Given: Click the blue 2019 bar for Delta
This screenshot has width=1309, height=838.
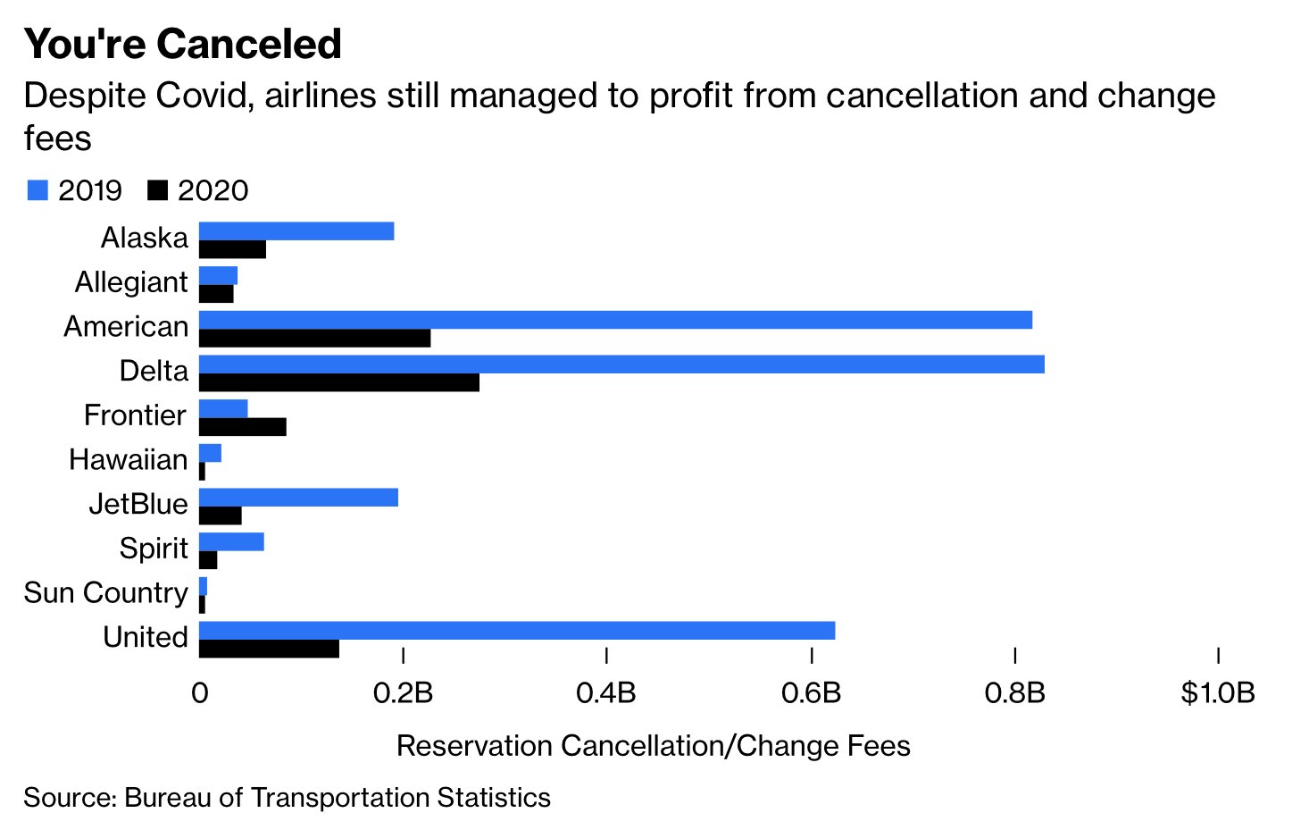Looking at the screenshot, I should coord(621,365).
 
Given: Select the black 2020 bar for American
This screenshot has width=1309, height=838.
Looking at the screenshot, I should coord(314,339).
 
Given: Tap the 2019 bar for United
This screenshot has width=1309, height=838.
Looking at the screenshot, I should coord(517,631).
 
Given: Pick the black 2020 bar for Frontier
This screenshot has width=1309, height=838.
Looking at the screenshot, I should coord(243,427).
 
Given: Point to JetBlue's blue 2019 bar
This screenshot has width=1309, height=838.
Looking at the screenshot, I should coord(298,498).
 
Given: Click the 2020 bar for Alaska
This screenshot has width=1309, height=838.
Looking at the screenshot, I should coord(232,250).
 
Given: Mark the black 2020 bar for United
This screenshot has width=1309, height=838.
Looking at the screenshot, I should coord(269,649).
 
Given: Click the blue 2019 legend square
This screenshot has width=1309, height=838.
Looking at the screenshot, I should coord(38,190).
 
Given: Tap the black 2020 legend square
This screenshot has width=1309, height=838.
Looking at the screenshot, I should coord(157,190).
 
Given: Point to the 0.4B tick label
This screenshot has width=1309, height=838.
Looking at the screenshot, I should coord(606,692).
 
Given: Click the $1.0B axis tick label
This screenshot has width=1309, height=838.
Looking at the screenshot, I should coord(1217,692).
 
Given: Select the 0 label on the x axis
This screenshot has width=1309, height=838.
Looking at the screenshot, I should coord(199,692).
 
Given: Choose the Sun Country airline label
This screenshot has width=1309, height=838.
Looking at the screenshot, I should coord(106,592).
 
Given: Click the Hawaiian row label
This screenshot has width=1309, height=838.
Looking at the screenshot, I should coord(129,459).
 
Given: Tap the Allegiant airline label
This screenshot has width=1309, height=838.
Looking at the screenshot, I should coord(131,282).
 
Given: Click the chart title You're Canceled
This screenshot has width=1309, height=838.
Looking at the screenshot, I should coord(183,44).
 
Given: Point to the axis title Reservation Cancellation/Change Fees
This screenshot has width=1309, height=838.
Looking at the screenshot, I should coord(653,746).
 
